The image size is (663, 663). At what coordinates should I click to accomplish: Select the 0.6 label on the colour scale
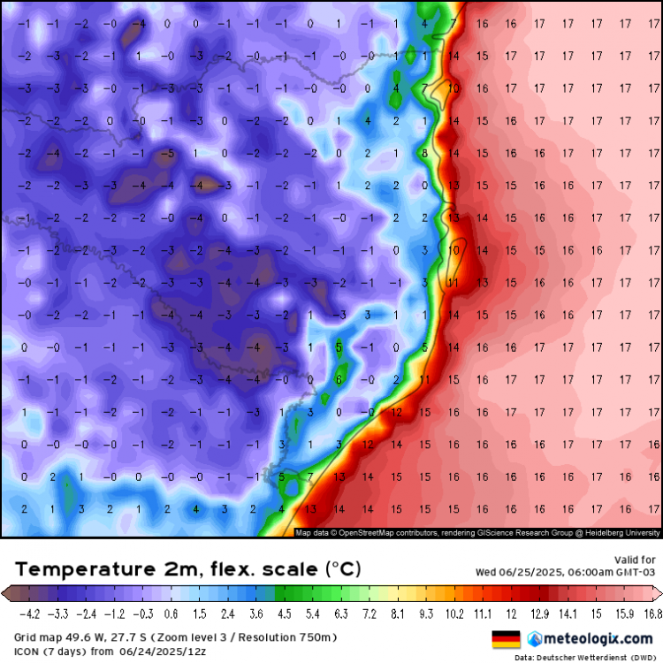point(171,612)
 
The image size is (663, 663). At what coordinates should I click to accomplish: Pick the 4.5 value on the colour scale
point(286,612)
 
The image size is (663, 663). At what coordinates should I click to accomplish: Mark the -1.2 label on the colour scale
point(115,612)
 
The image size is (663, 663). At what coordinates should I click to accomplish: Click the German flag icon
point(505,638)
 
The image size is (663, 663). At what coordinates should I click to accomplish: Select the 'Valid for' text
point(635,560)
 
